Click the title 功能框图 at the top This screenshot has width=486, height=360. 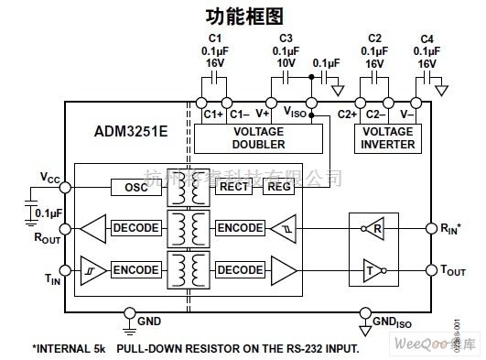pos(243,16)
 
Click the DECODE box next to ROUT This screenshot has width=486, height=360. pos(135,227)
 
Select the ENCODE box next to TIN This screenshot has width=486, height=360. pos(135,269)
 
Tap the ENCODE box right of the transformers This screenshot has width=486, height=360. pos(239,227)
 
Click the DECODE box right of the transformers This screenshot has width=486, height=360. pos(239,269)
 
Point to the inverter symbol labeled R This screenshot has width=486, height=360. pos(373,228)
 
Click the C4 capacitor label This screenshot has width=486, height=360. pos(427,38)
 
